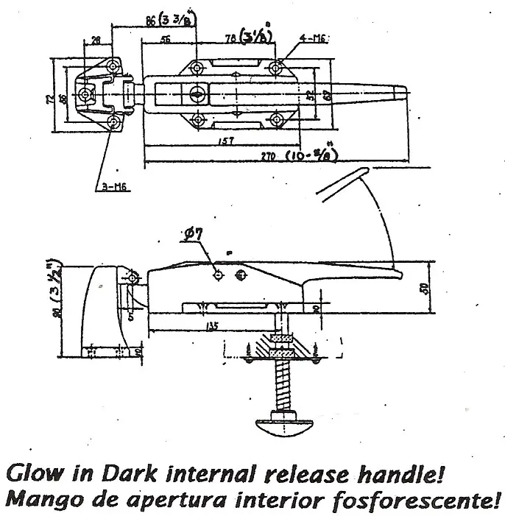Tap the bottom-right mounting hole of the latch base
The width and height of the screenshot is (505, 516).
[x=275, y=120]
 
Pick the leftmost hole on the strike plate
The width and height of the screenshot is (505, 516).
[x=85, y=96]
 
